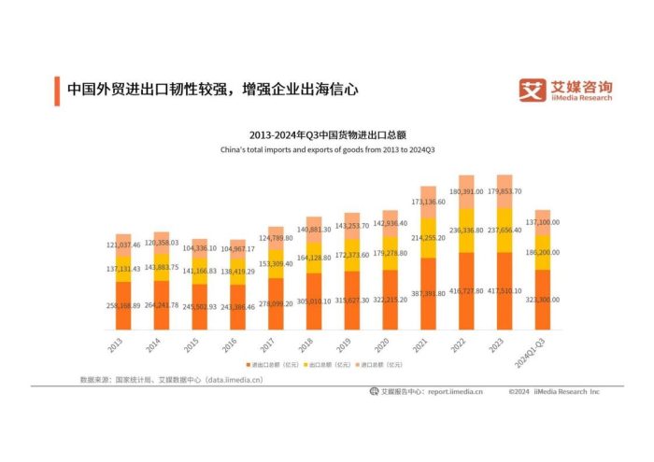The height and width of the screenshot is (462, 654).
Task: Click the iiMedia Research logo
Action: [566, 90]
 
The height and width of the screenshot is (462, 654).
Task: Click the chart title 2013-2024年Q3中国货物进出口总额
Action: [327, 133]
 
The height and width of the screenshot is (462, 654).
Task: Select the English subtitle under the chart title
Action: [326, 148]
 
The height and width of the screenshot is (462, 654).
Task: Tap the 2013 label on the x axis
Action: [115, 346]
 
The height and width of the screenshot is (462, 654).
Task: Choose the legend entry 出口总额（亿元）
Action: [331, 364]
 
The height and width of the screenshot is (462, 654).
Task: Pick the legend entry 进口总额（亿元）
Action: [386, 364]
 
